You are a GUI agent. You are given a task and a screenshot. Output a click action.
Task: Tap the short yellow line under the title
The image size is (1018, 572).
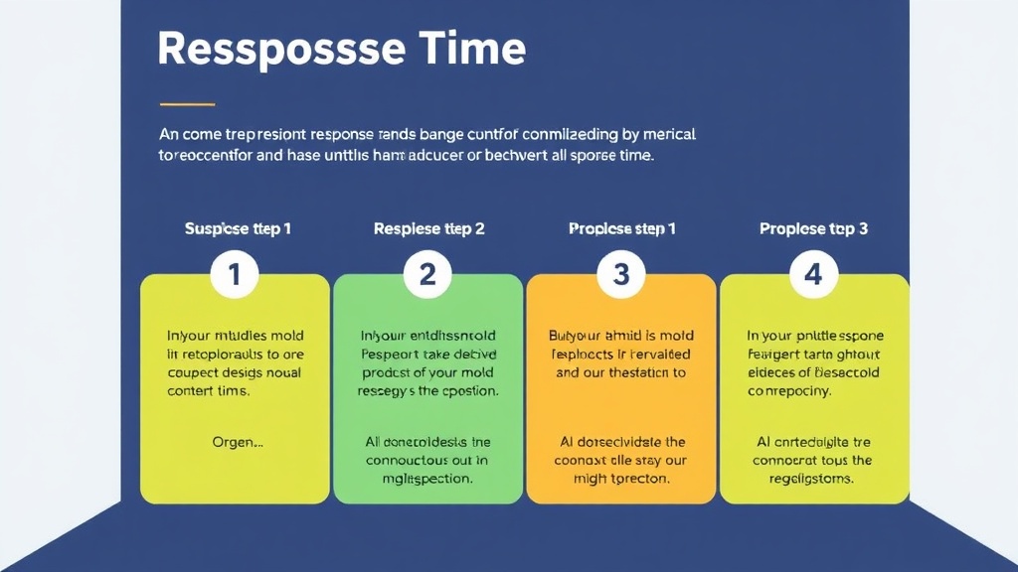(x=187, y=103)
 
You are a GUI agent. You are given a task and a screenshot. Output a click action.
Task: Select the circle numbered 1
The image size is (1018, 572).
(x=235, y=274)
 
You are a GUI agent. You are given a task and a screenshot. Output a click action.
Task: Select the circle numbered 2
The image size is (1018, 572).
(x=427, y=274)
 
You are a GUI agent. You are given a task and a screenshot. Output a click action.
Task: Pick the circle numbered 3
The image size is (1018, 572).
(x=620, y=274)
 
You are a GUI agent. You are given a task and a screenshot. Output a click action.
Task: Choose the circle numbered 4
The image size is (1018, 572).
(x=813, y=274)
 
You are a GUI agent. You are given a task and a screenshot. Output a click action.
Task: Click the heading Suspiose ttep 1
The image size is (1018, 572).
(x=238, y=228)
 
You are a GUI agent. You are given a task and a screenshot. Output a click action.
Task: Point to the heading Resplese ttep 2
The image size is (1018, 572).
(x=428, y=228)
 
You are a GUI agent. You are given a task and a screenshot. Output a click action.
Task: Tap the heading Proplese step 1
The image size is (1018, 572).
(x=621, y=228)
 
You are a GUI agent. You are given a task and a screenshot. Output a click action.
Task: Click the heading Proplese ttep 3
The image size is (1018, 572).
(x=813, y=228)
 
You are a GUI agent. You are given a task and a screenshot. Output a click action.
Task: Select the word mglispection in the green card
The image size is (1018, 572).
(x=427, y=478)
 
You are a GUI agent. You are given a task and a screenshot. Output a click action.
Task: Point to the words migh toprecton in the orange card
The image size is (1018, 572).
(x=621, y=478)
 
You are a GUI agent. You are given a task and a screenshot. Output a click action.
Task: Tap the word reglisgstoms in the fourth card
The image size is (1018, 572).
(x=813, y=478)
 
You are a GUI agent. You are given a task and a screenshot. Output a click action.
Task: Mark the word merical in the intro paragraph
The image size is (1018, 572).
(x=683, y=133)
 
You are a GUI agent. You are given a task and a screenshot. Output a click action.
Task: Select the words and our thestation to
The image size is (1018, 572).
(x=621, y=372)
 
